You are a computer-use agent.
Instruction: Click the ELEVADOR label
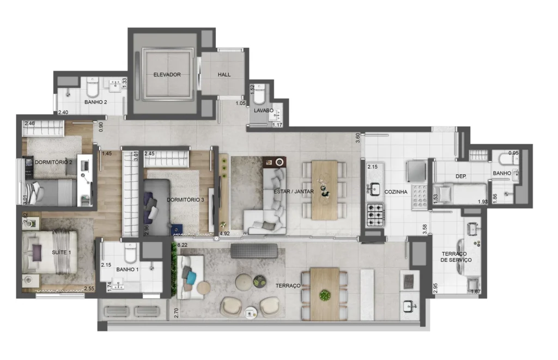pyautogui.click(x=167, y=75)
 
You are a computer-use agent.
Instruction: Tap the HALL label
pyautogui.click(x=224, y=75)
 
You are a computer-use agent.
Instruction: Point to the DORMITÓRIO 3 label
pyautogui.click(x=185, y=200)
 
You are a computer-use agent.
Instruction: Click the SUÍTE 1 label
pyautogui.click(x=61, y=252)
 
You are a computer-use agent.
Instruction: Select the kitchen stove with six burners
pyautogui.click(x=375, y=215)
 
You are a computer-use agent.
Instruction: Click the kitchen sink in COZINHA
pyautogui.click(x=374, y=188)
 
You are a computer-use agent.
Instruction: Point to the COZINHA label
pyautogui.click(x=396, y=192)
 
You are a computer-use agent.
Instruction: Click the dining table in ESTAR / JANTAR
pyautogui.click(x=325, y=190)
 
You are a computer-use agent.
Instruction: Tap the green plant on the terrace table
pyautogui.click(x=325, y=295)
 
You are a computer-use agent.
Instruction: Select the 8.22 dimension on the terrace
pyautogui.click(x=182, y=245)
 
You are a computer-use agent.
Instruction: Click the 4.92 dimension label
pyautogui.click(x=225, y=234)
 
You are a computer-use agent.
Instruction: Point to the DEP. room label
pyautogui.click(x=461, y=176)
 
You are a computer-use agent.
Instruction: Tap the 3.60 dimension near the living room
pyautogui.click(x=358, y=138)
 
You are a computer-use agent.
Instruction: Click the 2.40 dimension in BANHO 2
pyautogui.click(x=63, y=112)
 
